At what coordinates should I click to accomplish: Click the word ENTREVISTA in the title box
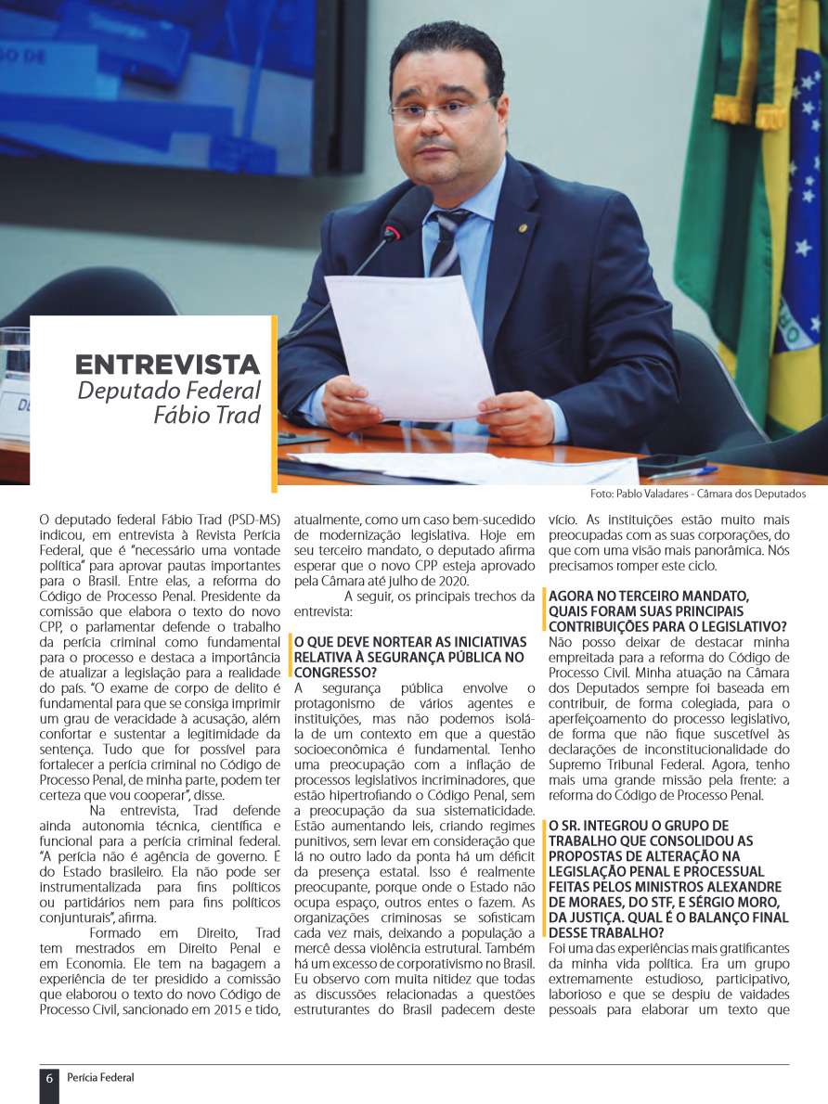pos(167,364)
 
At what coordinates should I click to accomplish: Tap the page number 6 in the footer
pos(48,1078)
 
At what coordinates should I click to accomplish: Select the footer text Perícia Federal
pos(100,1078)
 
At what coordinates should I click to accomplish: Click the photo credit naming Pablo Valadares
pos(698,494)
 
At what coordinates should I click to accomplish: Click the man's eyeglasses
pos(442,111)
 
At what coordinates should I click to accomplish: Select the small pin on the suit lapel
pos(523,228)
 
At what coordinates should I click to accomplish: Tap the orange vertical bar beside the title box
pos(275,404)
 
